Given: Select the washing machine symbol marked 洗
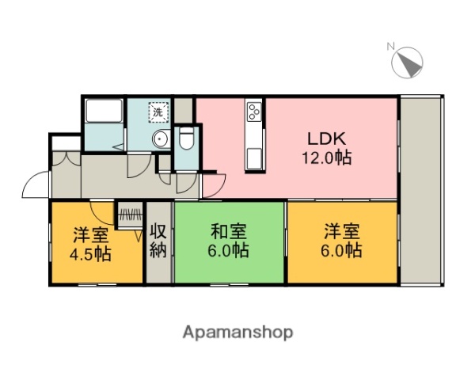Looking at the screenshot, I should point(158,113).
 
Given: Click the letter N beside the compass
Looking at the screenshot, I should point(390,46).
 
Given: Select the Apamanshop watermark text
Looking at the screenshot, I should point(237,332).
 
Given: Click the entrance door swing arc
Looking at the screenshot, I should point(35,185).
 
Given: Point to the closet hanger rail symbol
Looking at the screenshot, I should point(129,212).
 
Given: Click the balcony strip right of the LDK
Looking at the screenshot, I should point(423,190).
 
